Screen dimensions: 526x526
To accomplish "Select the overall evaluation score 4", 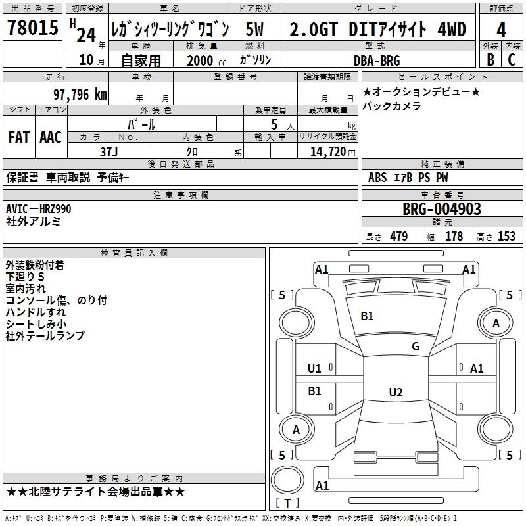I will (501, 30).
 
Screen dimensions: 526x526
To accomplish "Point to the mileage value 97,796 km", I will (80, 94).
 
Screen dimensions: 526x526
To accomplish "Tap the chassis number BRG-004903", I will (441, 209).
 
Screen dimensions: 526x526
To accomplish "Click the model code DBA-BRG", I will (376, 60).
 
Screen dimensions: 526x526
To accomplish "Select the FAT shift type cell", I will (18, 137).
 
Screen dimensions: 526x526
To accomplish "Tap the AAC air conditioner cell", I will (51, 137).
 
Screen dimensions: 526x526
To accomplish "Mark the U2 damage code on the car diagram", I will (395, 393).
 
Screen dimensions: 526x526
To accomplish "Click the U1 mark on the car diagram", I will (314, 368).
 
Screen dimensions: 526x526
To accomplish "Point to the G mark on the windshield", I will (415, 347).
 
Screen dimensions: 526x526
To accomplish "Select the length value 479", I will (398, 237).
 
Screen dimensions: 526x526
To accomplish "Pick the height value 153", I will (506, 237).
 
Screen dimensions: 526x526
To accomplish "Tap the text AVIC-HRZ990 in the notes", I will (38, 209).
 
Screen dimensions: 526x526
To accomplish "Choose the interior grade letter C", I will (511, 60).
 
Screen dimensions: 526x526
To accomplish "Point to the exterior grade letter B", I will (490, 60).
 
